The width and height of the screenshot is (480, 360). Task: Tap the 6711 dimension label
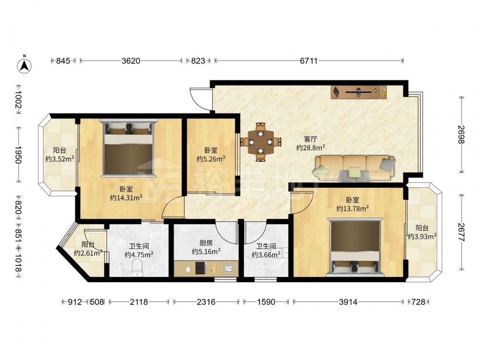309,60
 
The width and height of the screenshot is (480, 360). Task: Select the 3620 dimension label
131,60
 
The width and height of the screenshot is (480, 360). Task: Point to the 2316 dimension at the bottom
206,302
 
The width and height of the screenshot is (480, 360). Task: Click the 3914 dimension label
348,302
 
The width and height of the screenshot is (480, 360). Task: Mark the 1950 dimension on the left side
19,155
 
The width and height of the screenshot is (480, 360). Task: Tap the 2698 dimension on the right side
461,134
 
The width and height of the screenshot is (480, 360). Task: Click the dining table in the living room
261,142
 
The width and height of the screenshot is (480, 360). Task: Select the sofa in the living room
354,168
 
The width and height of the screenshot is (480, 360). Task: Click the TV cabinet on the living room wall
359,92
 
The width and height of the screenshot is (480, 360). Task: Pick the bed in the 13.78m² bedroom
355,247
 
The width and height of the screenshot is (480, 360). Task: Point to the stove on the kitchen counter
201,268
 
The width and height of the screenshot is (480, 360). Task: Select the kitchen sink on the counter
228,268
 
